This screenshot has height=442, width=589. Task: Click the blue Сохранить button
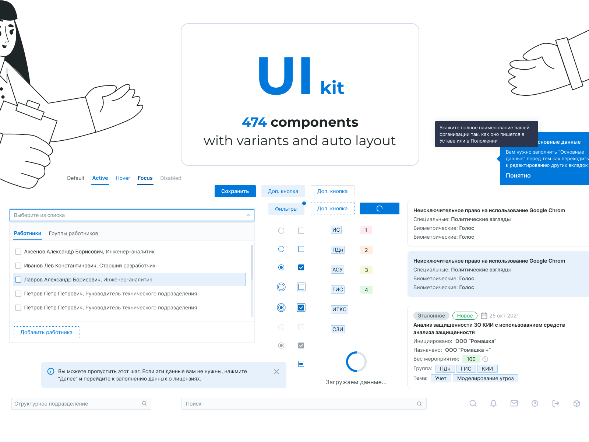(235, 191)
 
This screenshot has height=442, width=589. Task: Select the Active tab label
(100, 178)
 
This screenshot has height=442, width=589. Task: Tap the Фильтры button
(286, 209)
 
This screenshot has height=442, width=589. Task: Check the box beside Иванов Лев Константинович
(18, 266)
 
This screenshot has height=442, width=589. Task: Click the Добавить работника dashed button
(46, 332)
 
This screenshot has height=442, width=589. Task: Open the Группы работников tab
(73, 234)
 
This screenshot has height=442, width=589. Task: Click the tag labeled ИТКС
(339, 309)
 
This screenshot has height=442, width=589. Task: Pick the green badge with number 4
(366, 290)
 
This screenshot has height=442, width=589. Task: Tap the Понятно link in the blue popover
(518, 176)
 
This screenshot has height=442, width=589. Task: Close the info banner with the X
(276, 372)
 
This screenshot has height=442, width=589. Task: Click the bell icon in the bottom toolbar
(493, 403)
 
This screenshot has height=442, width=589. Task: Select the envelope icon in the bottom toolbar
(514, 403)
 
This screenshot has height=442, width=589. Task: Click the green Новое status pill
(465, 316)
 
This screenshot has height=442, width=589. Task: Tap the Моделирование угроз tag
(485, 378)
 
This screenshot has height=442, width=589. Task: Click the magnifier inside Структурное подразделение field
(144, 403)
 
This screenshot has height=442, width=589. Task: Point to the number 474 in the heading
(254, 122)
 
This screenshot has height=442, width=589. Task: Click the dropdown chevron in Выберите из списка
(248, 215)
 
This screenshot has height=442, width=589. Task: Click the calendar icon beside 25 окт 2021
(484, 316)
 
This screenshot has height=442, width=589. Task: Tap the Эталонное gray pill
(431, 316)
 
